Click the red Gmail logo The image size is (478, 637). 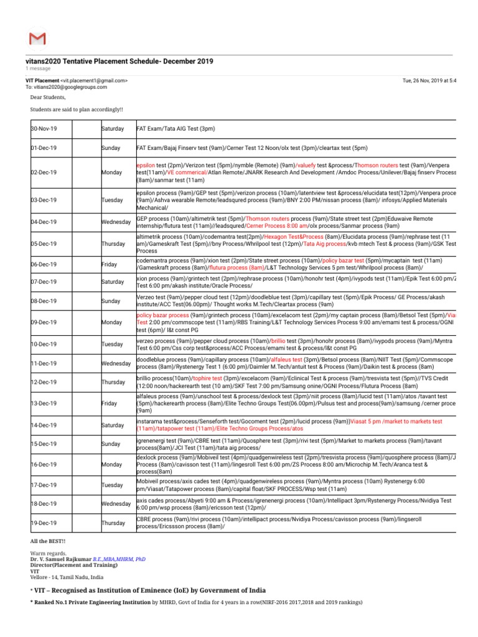(x=37, y=39)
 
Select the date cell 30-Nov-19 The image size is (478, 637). (x=44, y=129)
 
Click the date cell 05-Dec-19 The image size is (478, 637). (x=44, y=243)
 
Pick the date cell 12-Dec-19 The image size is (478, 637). (x=44, y=382)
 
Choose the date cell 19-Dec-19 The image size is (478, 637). (x=44, y=523)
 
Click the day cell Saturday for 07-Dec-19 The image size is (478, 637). (x=113, y=282)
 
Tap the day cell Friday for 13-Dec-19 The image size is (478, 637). (x=109, y=403)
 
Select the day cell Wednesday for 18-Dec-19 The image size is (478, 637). (x=115, y=503)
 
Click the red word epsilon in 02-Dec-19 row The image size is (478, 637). (x=146, y=165)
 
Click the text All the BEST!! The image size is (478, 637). (x=47, y=541)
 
